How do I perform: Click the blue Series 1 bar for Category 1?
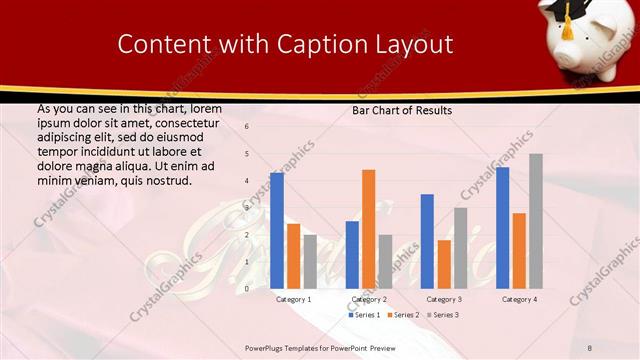click(277, 230)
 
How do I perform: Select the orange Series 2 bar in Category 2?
click(369, 229)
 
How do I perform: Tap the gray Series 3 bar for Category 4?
click(536, 221)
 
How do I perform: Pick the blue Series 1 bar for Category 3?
click(427, 241)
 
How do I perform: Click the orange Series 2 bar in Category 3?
click(444, 264)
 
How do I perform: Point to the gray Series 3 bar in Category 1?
click(310, 261)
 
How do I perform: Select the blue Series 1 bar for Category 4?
click(502, 227)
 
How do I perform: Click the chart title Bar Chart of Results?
click(402, 110)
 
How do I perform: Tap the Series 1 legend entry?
click(364, 315)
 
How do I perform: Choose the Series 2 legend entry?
click(402, 315)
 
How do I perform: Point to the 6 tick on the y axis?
click(247, 127)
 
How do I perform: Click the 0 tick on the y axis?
click(247, 289)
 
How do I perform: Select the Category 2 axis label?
click(369, 299)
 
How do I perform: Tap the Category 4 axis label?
click(519, 299)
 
